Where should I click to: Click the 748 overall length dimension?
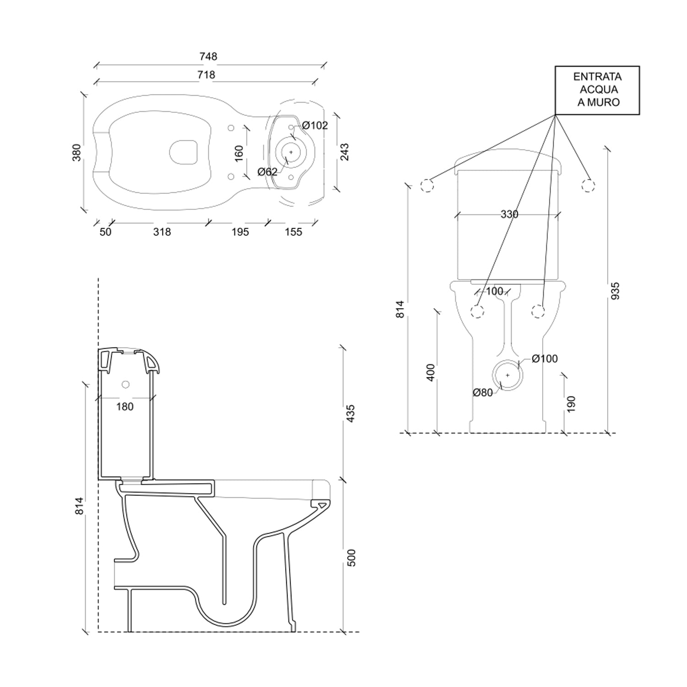click(208, 56)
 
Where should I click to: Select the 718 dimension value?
click(206, 74)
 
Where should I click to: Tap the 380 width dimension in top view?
click(76, 152)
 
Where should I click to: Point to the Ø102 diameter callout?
click(315, 125)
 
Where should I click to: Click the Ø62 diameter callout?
click(267, 172)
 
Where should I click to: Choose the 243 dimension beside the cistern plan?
click(344, 152)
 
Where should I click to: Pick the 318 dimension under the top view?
click(162, 232)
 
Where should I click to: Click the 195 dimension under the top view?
click(240, 232)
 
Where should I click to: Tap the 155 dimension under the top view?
click(294, 232)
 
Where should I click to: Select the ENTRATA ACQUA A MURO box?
click(597, 90)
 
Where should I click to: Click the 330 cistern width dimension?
click(509, 214)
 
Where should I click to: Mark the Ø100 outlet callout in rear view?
click(545, 359)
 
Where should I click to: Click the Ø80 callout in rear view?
click(483, 393)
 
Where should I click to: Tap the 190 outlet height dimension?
click(571, 404)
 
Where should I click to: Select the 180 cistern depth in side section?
click(125, 406)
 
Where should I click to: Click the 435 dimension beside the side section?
click(351, 414)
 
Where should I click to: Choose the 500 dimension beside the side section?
click(351, 557)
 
